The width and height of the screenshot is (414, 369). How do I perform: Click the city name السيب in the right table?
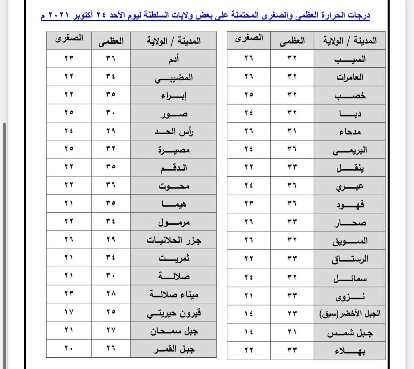[350, 59]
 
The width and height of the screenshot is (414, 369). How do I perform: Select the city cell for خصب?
[350, 95]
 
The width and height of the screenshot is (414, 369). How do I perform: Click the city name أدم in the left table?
[174, 59]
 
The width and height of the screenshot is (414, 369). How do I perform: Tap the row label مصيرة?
[174, 150]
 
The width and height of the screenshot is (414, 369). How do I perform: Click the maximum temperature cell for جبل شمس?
[292, 332]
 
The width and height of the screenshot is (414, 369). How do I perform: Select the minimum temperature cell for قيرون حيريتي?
[69, 312]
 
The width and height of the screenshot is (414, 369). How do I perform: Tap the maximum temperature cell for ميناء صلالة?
[111, 294]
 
